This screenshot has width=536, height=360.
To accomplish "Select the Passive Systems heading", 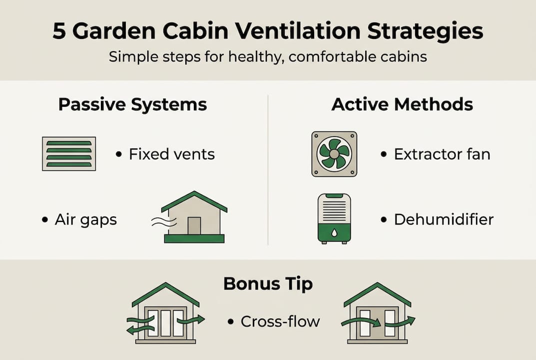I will tap(132, 104).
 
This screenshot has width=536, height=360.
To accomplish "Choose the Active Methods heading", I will tap(402, 104).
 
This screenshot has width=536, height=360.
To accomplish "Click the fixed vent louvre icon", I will tap(69, 154).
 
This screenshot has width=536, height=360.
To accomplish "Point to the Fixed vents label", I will tap(171, 154).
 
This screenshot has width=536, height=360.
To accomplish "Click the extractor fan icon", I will tap(334, 154).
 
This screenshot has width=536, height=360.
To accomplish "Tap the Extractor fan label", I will tap(442, 154).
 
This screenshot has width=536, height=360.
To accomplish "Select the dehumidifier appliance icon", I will tap(334, 219).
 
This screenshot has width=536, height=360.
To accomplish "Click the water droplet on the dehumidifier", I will tap(334, 232).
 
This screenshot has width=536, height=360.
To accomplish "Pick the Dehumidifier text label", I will tap(444, 219).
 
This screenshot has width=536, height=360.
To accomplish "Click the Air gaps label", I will tap(85, 220).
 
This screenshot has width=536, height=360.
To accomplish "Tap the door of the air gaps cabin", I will tap(194, 225).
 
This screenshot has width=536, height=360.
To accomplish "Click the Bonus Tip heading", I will tap(268, 283).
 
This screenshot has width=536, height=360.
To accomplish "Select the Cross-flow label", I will tap(280, 321).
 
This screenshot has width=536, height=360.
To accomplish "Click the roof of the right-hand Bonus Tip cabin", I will tap(378, 292).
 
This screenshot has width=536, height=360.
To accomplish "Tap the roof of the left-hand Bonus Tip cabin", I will tap(165, 292).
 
